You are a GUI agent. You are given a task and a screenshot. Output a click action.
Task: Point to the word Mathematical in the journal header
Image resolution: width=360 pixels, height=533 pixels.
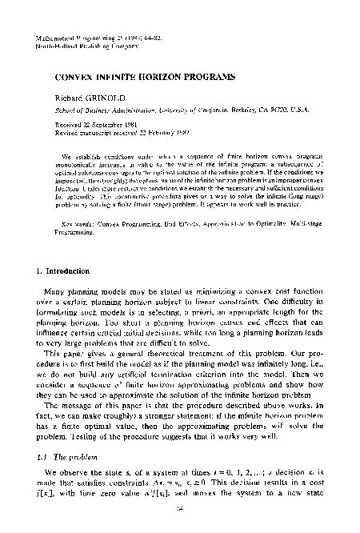click(58, 38)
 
